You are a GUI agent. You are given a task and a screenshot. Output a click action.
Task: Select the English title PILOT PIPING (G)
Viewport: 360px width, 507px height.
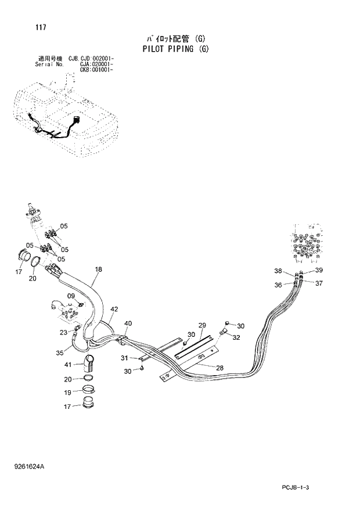[175, 49]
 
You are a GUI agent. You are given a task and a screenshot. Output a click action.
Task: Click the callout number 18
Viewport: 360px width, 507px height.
[98, 269]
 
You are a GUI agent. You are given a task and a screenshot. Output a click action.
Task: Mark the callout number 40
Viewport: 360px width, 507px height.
[128, 323]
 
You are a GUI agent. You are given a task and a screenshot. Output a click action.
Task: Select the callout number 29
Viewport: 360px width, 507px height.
[202, 325]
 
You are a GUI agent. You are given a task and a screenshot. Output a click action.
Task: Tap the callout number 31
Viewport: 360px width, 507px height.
[124, 358]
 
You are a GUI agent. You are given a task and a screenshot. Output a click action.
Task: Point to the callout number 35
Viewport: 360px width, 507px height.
[59, 352]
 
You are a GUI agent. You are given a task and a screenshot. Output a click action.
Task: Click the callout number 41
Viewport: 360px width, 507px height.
[67, 365]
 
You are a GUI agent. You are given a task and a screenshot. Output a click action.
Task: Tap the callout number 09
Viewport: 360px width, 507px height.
[71, 296]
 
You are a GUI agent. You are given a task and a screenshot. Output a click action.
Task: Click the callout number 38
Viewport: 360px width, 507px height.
[278, 271]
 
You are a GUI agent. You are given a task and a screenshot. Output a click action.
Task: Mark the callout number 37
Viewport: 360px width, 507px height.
[318, 283]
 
